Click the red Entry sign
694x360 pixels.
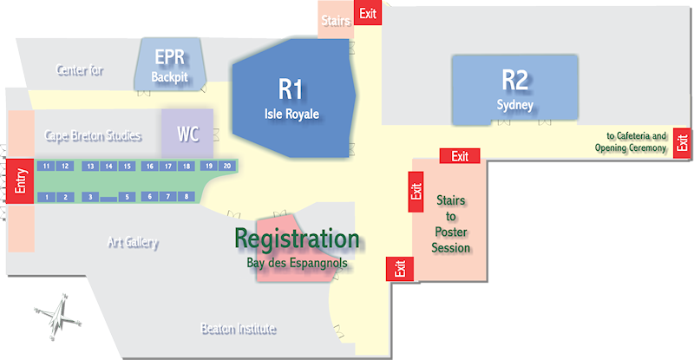pyautogui.click(x=20, y=181)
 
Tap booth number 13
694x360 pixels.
pyautogui.click(x=90, y=167)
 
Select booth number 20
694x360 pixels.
pyautogui.click(x=227, y=166)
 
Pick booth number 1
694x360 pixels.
pyautogui.click(x=47, y=197)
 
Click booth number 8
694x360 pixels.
pyautogui.click(x=187, y=196)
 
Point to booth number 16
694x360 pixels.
pyautogui.click(x=150, y=167)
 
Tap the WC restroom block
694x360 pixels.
pyautogui.click(x=187, y=134)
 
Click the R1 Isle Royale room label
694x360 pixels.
pyautogui.click(x=291, y=99)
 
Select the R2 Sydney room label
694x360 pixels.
pyautogui.click(x=514, y=89)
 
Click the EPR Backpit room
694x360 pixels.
pyautogui.click(x=170, y=65)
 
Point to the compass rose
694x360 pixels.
pyautogui.click(x=58, y=316)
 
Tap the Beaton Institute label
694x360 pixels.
pyautogui.click(x=239, y=329)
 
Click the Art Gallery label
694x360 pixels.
pyautogui.click(x=133, y=242)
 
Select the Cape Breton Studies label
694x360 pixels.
pyautogui.click(x=93, y=135)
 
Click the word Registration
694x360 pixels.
pyautogui.click(x=297, y=239)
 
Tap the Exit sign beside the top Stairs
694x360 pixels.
pyautogui.click(x=368, y=13)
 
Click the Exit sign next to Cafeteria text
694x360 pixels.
pyautogui.click(x=682, y=142)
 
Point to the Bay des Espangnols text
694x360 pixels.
pyautogui.click(x=297, y=263)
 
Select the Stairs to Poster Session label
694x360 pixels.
pyautogui.click(x=451, y=224)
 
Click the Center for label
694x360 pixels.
pyautogui.click(x=80, y=69)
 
